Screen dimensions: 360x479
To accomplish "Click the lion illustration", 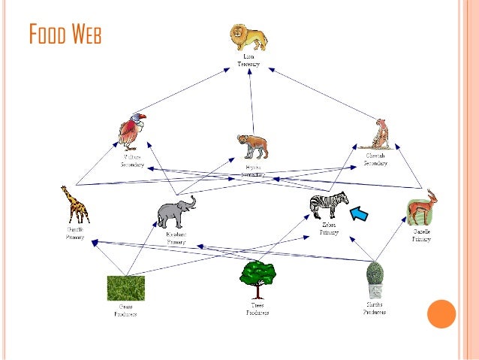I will [x=249, y=38].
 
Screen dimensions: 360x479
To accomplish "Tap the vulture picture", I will [x=131, y=131].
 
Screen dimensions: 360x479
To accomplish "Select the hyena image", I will [x=252, y=146].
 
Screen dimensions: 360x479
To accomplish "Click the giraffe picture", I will [x=75, y=204].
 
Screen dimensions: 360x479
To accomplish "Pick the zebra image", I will [x=329, y=204].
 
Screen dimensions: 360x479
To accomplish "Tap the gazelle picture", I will [x=422, y=207].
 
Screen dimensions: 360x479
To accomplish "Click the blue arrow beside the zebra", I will [x=362, y=216].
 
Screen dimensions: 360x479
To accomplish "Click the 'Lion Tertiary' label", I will [x=249, y=61].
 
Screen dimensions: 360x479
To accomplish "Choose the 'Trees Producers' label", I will [x=258, y=308].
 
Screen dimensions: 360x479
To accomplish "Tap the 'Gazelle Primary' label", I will [x=421, y=235].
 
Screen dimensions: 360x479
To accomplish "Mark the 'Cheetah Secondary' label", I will [x=375, y=159].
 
